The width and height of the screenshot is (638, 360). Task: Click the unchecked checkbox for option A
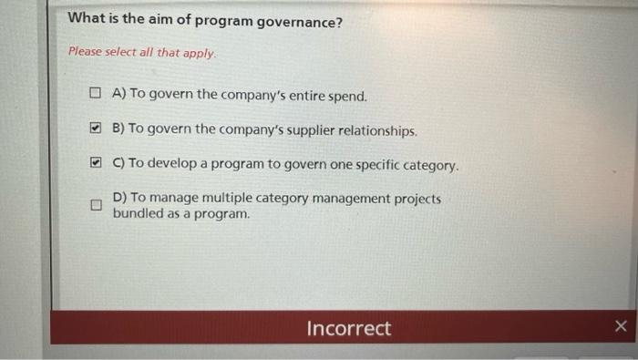pos(95,94)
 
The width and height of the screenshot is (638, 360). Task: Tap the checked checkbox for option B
pos(95,129)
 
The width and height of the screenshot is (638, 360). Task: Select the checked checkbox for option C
pos(95,165)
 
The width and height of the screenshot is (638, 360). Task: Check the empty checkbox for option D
pos(95,205)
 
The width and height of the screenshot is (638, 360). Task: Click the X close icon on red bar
pos(621,326)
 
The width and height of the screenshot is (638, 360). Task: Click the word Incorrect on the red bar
pos(348,328)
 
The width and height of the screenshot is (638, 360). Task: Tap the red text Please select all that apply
pos(142,52)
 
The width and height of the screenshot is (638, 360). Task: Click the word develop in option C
pos(170,165)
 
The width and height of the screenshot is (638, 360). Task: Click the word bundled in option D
pos(138,213)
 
